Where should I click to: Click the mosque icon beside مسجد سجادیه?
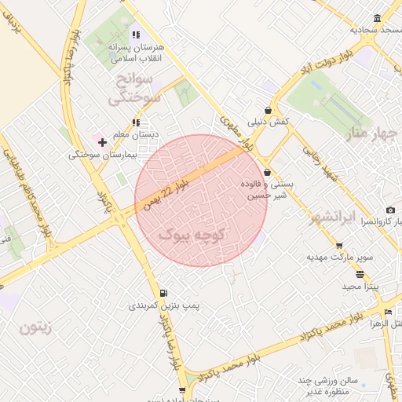pyautogui.click(x=378, y=19)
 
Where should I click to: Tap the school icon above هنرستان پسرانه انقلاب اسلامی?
pyautogui.click(x=136, y=35)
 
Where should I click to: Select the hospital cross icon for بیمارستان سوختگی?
pyautogui.click(x=102, y=142)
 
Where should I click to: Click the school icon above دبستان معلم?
pyautogui.click(x=136, y=123)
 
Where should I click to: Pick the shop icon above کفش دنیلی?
pyautogui.click(x=269, y=111)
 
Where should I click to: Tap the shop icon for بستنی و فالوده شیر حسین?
pyautogui.click(x=267, y=172)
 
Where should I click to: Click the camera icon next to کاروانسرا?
pyautogui.click(x=390, y=210)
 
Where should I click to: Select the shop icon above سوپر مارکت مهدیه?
pyautogui.click(x=339, y=245)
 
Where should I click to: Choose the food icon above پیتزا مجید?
pyautogui.click(x=360, y=275)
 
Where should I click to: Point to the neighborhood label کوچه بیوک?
pyautogui.click(x=192, y=234)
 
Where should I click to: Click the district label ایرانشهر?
pyautogui.click(x=354, y=216)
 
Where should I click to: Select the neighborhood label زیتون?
pyautogui.click(x=35, y=327)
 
